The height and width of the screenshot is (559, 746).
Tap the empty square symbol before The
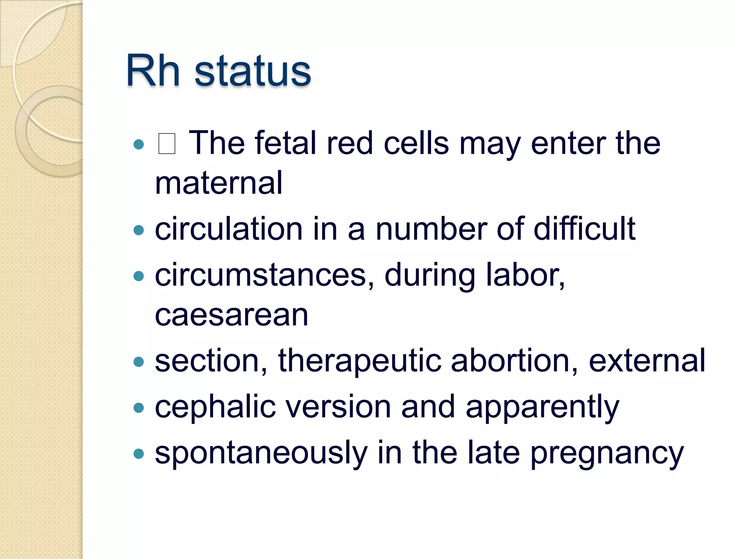167,144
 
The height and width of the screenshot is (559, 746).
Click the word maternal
219,183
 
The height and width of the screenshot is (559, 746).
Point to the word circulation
228,229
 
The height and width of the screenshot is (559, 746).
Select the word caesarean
232,315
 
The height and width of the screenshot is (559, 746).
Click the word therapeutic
359,361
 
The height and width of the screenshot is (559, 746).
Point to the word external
647,361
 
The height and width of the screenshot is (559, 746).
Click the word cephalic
215,407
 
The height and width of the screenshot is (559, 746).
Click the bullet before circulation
139,230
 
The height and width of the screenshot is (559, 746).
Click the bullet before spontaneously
139,454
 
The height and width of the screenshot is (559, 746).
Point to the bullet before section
139,362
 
